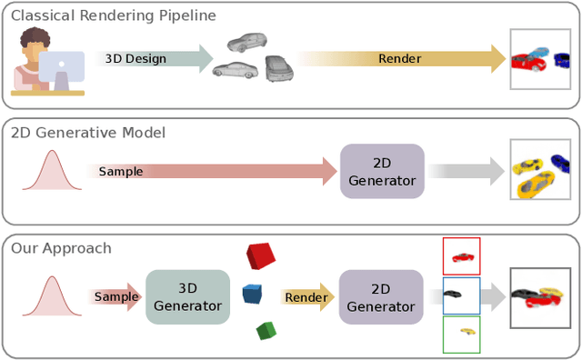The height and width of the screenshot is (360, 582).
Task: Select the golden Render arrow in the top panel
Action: pos(400,58)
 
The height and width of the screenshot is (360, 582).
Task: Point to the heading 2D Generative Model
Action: pos(87,132)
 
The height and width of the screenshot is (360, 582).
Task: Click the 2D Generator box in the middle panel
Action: pos(381,171)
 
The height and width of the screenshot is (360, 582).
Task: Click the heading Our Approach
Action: pos(61,247)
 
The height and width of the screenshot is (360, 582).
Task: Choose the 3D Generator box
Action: pos(187,296)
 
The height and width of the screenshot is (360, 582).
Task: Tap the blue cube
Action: pos(252,295)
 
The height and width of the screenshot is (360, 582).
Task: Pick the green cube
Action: pos(266,330)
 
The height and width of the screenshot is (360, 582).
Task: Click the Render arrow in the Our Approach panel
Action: pos(306,297)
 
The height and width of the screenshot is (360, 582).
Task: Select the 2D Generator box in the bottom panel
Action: pos(381,296)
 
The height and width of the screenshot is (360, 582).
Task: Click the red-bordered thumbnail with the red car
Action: pos(461,256)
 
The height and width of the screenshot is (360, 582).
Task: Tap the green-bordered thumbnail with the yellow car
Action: pos(461,334)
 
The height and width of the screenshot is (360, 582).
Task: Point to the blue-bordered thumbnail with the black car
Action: pos(461,295)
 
